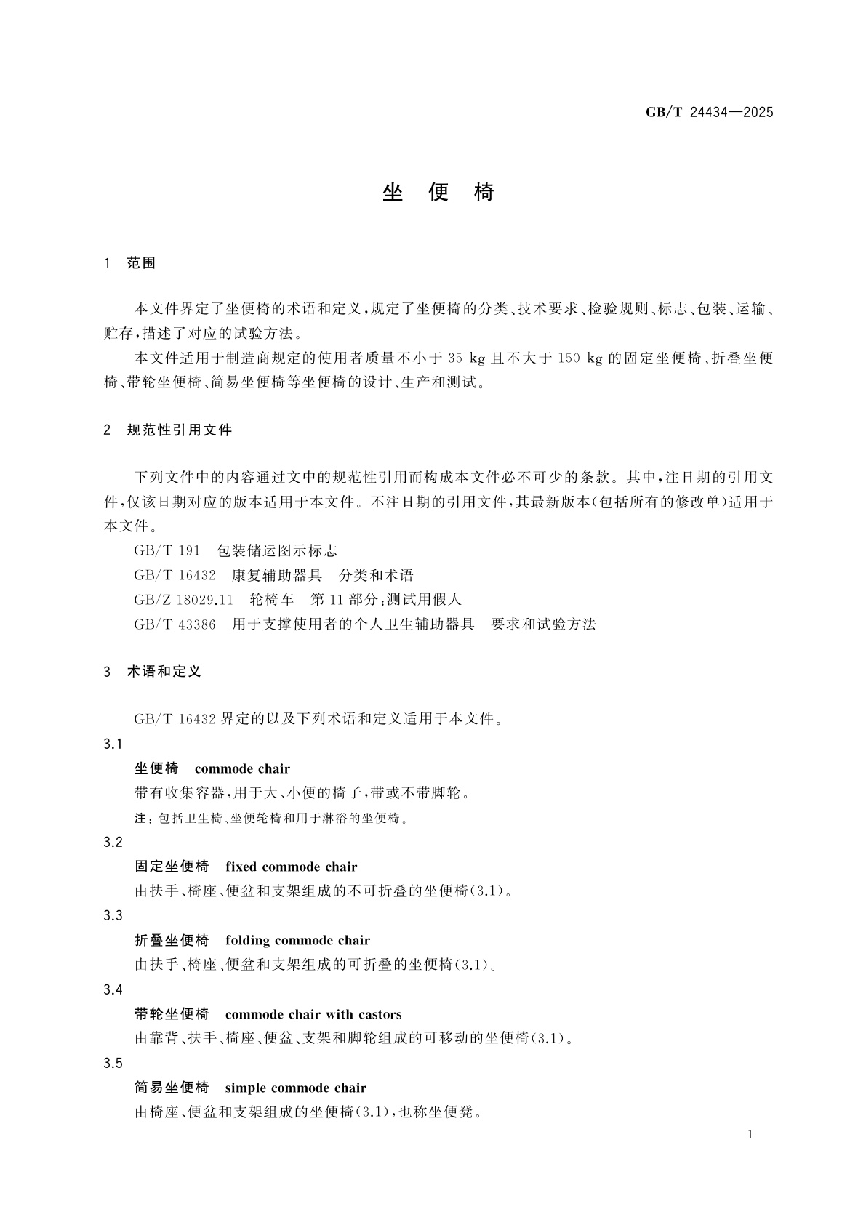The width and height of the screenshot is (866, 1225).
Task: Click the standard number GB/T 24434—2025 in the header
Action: (x=709, y=112)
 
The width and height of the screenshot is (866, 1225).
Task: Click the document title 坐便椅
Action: (x=438, y=193)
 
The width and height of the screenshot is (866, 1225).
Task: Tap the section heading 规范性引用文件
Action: (x=179, y=430)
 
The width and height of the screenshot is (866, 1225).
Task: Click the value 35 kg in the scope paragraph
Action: (x=467, y=358)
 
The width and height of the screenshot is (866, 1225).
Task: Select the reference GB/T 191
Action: (x=167, y=550)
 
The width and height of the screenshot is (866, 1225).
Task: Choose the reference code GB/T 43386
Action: (x=175, y=624)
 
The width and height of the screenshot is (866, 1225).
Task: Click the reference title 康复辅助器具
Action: (x=277, y=575)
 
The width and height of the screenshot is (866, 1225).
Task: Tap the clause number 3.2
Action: (x=113, y=842)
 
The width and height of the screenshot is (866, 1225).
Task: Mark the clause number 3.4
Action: (x=113, y=989)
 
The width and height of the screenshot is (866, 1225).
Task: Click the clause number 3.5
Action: (x=113, y=1063)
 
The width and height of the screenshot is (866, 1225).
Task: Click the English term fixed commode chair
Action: (x=291, y=867)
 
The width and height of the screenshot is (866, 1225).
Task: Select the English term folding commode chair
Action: (x=297, y=940)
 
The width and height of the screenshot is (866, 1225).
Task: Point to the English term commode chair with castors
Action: (x=313, y=1014)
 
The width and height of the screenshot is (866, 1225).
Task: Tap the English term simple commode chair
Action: (x=295, y=1088)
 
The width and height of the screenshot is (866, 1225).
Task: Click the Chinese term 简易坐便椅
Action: (x=172, y=1088)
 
